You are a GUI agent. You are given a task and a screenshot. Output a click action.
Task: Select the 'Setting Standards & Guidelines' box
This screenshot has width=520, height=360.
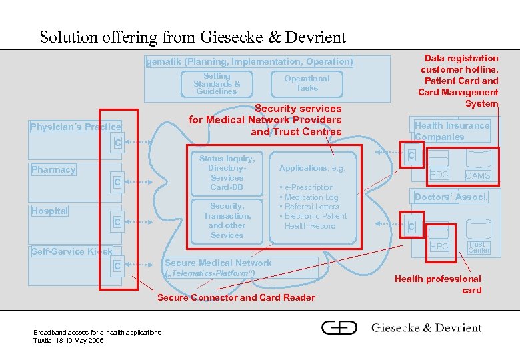pos(216,84)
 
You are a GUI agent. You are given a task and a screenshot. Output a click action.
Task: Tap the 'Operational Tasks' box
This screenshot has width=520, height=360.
pos(307,83)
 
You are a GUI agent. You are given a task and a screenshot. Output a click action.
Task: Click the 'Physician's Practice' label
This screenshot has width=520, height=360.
pos(75,127)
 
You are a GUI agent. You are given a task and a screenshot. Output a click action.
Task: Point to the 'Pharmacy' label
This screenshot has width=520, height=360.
pos(53,170)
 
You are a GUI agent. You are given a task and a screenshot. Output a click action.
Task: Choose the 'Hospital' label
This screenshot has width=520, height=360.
pos(50,211)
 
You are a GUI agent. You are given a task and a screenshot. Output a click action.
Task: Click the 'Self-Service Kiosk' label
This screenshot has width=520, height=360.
pos(71,251)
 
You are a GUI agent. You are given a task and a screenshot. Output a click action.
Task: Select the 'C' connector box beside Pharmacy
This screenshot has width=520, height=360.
pos(117,182)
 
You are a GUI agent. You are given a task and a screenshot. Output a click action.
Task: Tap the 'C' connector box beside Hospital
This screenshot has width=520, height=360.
pos(117,222)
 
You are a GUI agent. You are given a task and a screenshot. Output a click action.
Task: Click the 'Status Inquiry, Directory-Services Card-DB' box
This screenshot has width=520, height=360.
pos(227,173)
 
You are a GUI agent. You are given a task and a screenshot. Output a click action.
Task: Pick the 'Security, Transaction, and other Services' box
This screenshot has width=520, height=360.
pos(227,221)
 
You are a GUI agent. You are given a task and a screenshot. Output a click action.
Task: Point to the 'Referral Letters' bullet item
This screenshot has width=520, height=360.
pos(312,207)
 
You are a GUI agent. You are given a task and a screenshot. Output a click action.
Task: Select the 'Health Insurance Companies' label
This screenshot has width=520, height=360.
pos(451,131)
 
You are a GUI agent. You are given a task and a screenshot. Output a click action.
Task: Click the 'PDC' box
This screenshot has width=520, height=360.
pos(439,175)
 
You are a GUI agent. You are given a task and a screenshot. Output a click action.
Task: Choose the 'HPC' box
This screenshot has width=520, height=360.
pos(439,246)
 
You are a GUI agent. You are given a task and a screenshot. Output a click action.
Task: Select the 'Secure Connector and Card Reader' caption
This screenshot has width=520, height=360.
pos(236,297)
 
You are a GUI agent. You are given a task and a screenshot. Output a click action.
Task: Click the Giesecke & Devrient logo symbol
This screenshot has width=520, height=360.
pos(339,327)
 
